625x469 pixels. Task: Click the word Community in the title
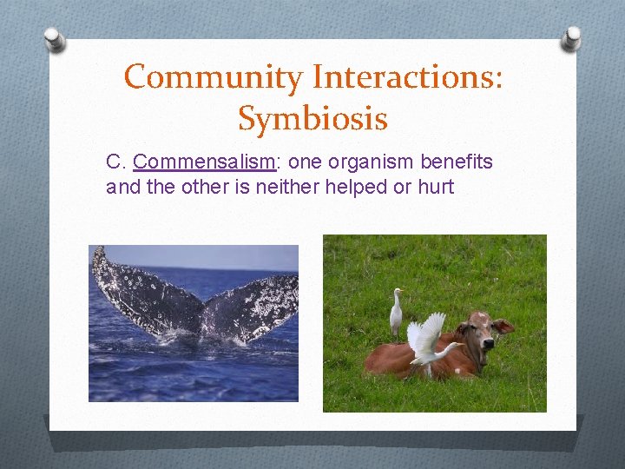tap(214, 77)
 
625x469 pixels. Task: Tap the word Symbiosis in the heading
tap(312, 119)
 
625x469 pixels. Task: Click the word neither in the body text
tap(286, 187)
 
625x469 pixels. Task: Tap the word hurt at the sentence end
tap(436, 187)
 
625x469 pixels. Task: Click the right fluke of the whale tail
tap(256, 300)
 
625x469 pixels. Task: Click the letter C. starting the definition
tap(115, 162)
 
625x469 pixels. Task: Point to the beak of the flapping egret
tap(459, 345)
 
